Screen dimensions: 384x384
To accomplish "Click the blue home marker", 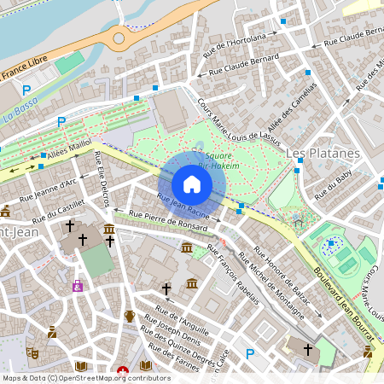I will [x=192, y=184].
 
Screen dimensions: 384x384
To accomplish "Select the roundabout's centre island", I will [x=118, y=38].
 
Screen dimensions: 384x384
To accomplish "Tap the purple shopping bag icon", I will [x=78, y=286].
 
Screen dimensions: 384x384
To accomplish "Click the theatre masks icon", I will [x=33, y=352].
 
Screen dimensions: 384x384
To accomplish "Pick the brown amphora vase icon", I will [x=130, y=316].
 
